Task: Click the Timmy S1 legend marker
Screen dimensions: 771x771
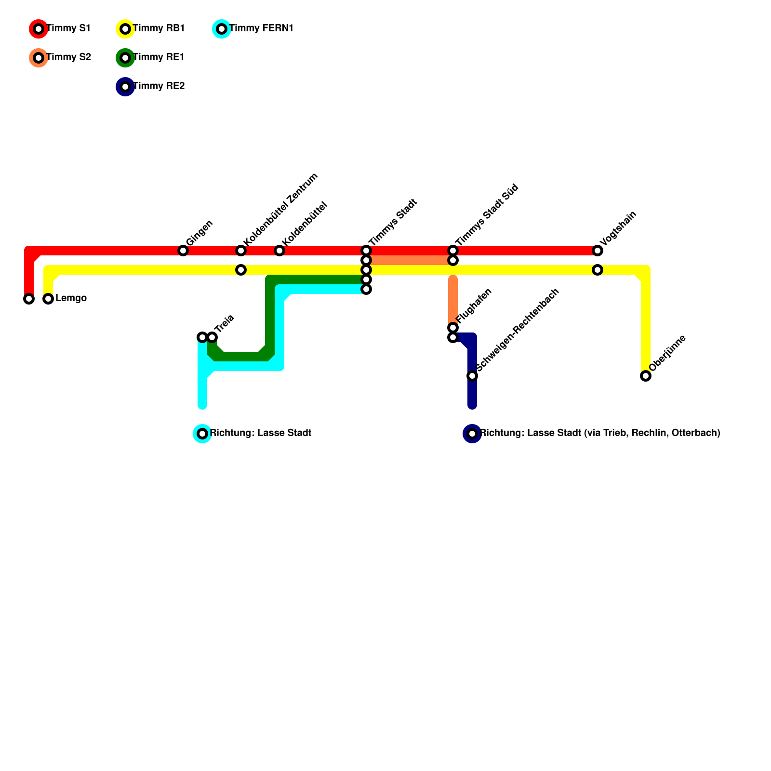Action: coord(39,29)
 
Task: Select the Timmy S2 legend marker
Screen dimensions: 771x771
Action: coord(39,58)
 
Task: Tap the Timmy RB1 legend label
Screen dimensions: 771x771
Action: coord(159,28)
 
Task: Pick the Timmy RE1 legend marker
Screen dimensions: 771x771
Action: coord(125,58)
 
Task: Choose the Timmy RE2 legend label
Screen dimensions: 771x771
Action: coord(159,86)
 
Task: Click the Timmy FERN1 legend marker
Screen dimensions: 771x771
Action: coord(222,29)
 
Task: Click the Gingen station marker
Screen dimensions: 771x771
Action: coord(183,251)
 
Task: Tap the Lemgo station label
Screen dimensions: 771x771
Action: coord(71,298)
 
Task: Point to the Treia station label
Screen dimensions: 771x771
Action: coord(224,324)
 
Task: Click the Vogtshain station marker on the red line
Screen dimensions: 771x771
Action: coord(598,251)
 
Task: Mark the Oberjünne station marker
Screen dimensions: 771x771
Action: coord(646,376)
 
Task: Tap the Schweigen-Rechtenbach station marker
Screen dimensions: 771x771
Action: coord(472,376)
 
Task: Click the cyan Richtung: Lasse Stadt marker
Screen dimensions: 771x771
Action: coord(202,434)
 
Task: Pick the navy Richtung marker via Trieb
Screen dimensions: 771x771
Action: coord(472,434)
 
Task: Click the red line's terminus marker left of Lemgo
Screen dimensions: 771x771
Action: coord(29,299)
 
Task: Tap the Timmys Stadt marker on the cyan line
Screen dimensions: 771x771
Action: coord(366,289)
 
